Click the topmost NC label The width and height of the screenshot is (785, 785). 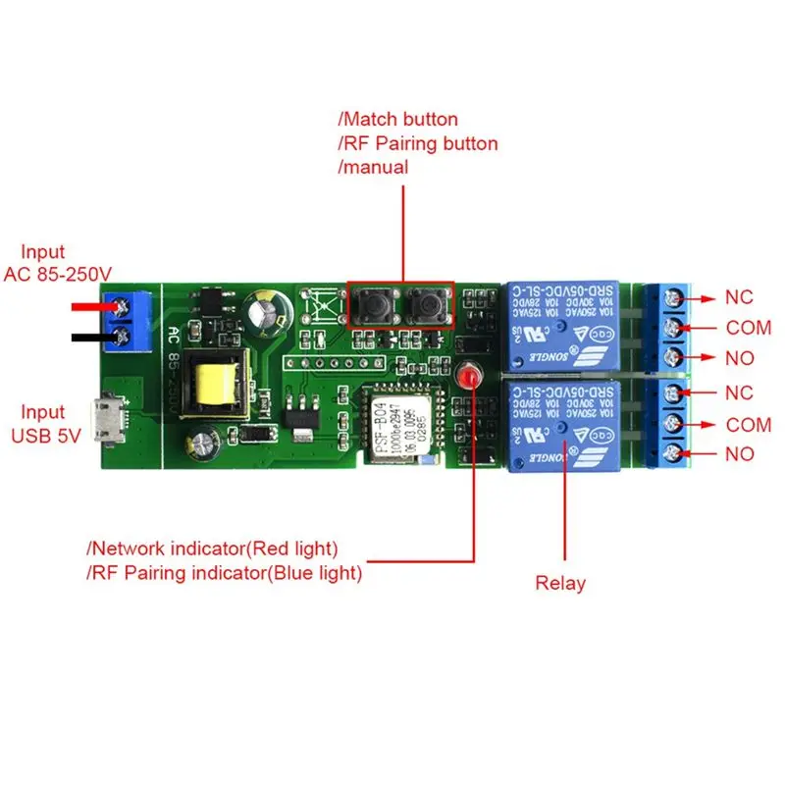point(739,296)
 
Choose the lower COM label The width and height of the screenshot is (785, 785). point(749,425)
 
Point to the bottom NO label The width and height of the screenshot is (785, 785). point(739,454)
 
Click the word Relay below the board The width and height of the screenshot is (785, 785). point(560,583)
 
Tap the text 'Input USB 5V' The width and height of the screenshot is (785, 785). point(44,425)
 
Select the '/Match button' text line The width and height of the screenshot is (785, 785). point(397,120)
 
